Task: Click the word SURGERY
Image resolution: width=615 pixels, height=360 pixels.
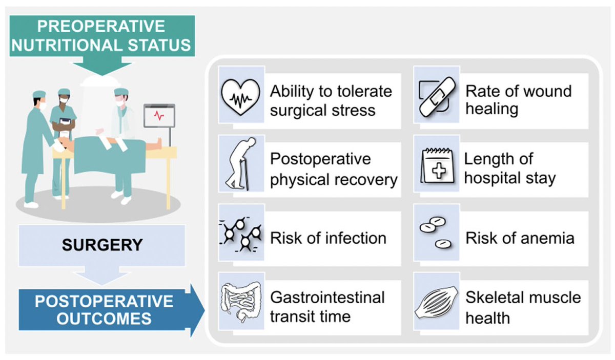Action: click(x=102, y=245)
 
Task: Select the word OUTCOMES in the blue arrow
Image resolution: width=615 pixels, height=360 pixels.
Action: click(x=111, y=319)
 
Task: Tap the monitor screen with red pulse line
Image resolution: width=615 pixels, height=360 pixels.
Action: click(x=159, y=116)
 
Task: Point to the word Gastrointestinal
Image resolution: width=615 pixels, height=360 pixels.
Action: click(x=327, y=298)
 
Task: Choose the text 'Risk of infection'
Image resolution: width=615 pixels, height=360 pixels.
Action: click(x=328, y=238)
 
